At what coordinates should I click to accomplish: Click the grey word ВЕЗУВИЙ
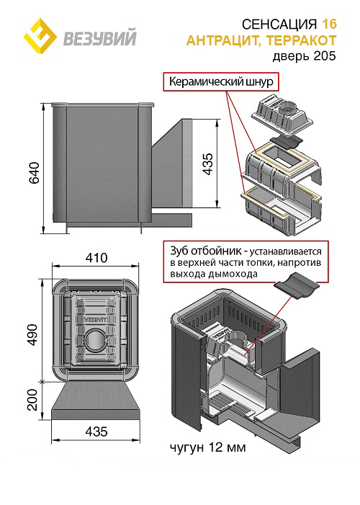(100, 37)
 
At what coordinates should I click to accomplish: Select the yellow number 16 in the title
(329, 24)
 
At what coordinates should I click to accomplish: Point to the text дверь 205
(305, 56)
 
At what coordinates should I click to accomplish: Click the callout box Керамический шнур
(221, 82)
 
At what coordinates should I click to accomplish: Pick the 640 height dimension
(34, 173)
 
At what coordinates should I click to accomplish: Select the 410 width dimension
(96, 258)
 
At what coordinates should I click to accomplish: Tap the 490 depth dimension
(32, 335)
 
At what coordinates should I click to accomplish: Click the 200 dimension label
(32, 400)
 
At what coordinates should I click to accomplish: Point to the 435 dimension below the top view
(96, 432)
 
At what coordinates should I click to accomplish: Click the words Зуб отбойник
(204, 251)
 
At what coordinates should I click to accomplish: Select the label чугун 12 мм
(207, 447)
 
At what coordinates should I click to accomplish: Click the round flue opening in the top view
(94, 340)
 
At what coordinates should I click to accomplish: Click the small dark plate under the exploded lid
(287, 143)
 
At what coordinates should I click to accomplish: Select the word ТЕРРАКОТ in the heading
(302, 40)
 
